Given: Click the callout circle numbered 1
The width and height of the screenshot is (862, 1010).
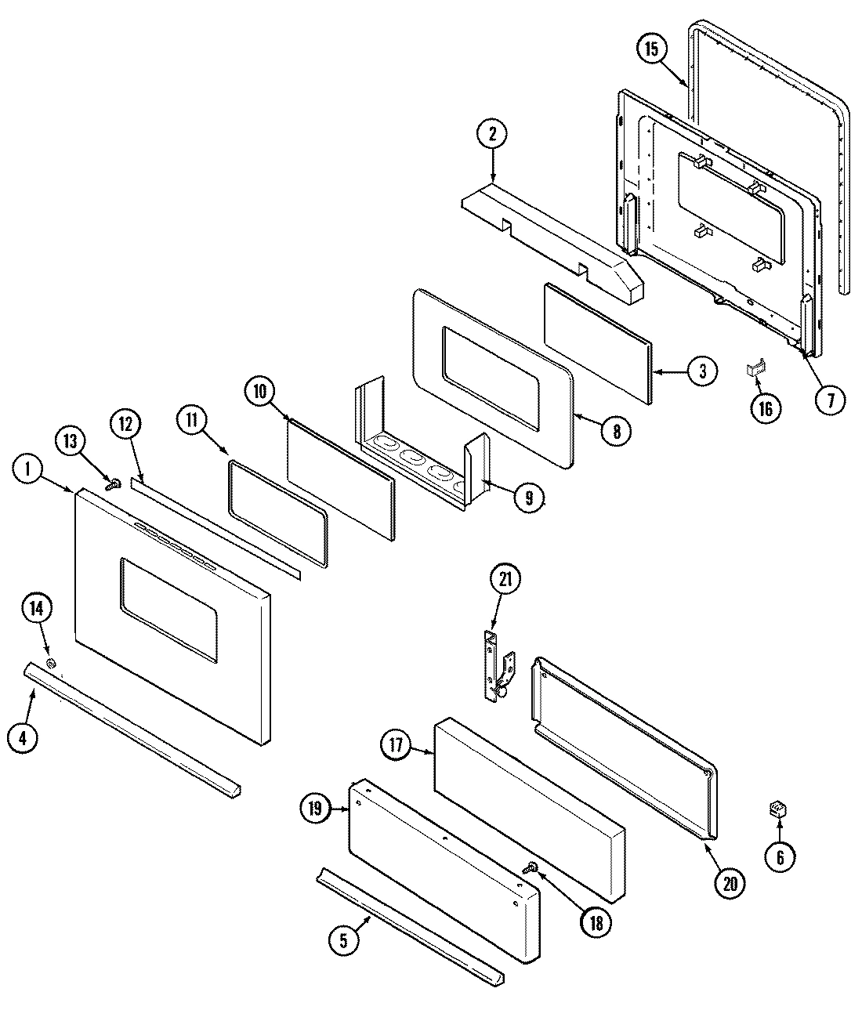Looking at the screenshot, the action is (x=28, y=469).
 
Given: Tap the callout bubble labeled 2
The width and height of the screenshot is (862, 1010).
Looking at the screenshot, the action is (x=492, y=135).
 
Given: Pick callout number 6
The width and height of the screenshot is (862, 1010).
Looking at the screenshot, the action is (x=780, y=856).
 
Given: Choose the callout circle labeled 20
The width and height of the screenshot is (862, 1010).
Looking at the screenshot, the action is (x=729, y=882).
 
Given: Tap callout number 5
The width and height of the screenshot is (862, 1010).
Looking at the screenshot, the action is (x=343, y=940).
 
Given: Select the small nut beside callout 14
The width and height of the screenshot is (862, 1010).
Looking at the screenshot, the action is (x=52, y=664).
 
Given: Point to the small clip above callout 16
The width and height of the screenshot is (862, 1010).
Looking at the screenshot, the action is (x=755, y=368).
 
